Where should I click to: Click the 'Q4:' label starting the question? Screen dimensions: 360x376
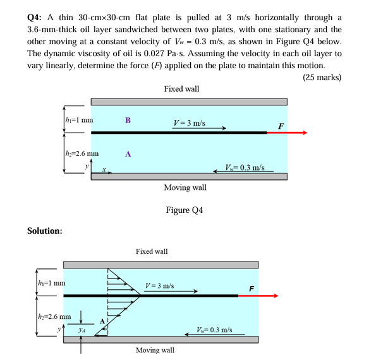point(35,16)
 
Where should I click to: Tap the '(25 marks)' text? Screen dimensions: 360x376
point(322,78)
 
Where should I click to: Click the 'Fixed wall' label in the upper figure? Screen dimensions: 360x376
point(181,89)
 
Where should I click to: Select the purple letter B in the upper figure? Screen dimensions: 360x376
point(128,120)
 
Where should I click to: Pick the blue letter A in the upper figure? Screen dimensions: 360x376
point(128,153)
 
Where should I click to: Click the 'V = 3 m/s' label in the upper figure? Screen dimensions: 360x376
point(189,122)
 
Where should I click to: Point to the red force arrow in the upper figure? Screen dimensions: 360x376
point(287,133)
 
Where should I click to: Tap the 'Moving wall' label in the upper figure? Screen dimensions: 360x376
point(185,188)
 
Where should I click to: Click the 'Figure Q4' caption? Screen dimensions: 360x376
point(185,210)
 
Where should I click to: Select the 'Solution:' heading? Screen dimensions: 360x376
point(44,231)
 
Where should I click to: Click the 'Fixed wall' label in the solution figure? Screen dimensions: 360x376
point(152,251)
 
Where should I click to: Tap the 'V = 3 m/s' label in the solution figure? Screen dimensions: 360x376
point(159,286)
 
